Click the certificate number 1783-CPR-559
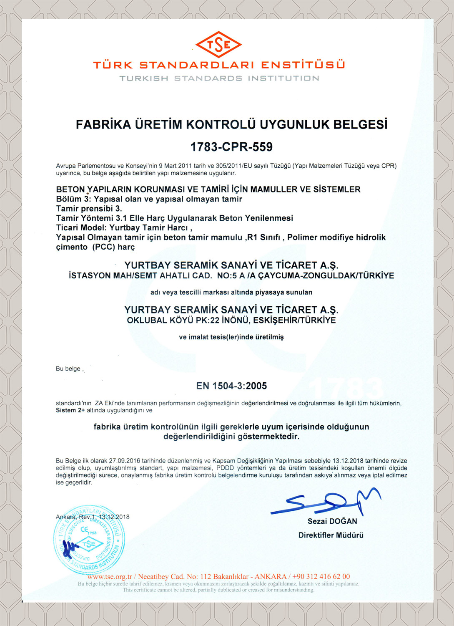231,147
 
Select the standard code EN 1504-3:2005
231,386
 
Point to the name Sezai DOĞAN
332,521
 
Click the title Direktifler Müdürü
331,535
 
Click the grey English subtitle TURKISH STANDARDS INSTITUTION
219,78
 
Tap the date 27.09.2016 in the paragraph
124,461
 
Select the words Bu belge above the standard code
68,369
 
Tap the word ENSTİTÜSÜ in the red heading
303,65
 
